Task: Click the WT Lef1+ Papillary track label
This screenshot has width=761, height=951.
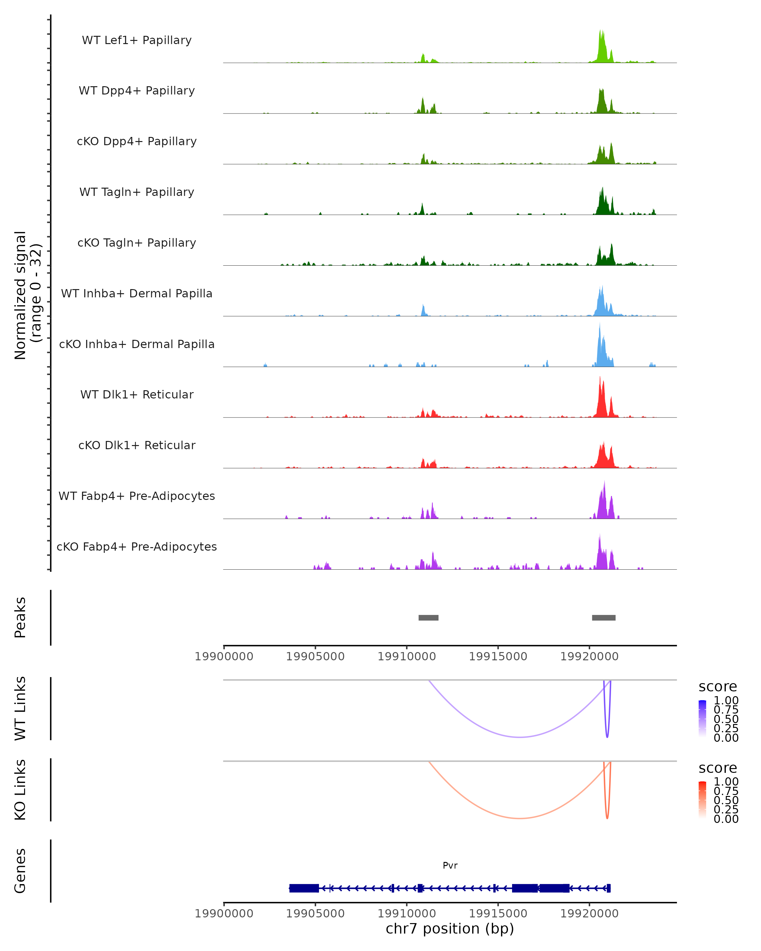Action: click(x=137, y=40)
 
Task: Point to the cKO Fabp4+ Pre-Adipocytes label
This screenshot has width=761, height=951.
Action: click(x=137, y=547)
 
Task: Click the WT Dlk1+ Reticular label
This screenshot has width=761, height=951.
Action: click(x=137, y=394)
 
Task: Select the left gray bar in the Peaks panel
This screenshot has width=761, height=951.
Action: click(x=428, y=618)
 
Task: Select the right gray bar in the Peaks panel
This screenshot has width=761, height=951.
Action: click(x=603, y=618)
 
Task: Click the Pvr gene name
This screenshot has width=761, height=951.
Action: click(x=450, y=865)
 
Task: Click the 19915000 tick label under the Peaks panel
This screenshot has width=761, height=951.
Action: click(x=498, y=657)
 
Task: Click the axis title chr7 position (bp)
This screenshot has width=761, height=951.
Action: click(x=450, y=928)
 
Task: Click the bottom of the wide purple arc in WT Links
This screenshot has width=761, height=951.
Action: click(x=521, y=737)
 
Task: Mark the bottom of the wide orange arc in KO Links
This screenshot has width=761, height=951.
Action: click(x=521, y=818)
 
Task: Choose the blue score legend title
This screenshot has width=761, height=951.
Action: click(x=718, y=687)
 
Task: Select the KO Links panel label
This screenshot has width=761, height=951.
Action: click(x=20, y=790)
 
